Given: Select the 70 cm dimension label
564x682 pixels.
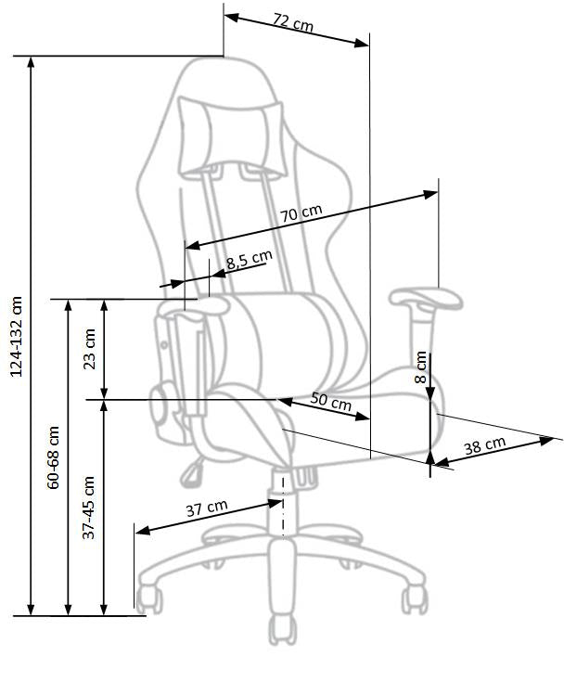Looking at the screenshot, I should (301, 213).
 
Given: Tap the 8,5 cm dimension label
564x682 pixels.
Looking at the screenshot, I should (249, 261).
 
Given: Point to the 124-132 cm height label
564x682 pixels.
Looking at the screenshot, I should (15, 336).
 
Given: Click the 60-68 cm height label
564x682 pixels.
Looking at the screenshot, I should (53, 457).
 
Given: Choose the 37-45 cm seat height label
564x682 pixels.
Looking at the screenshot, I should (89, 508).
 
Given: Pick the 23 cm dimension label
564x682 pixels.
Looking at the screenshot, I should (89, 348).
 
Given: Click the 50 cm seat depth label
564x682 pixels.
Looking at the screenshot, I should (330, 402).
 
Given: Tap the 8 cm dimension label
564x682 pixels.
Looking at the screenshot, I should (421, 367).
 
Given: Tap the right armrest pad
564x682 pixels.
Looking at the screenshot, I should (426, 299).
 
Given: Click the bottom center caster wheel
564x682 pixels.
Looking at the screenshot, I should (282, 631).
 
